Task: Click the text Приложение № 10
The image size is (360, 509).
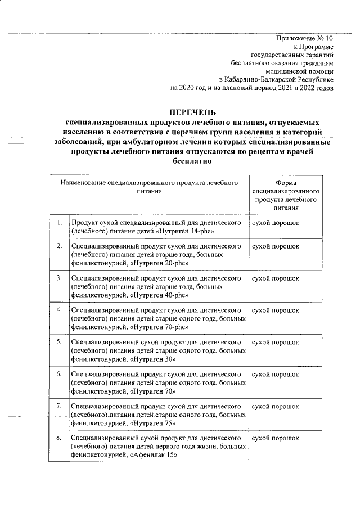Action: click(305, 39)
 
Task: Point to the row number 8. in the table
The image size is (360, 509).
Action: click(58, 438)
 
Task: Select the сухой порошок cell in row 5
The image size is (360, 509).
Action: click(276, 342)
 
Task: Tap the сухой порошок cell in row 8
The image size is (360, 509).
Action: click(276, 438)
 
